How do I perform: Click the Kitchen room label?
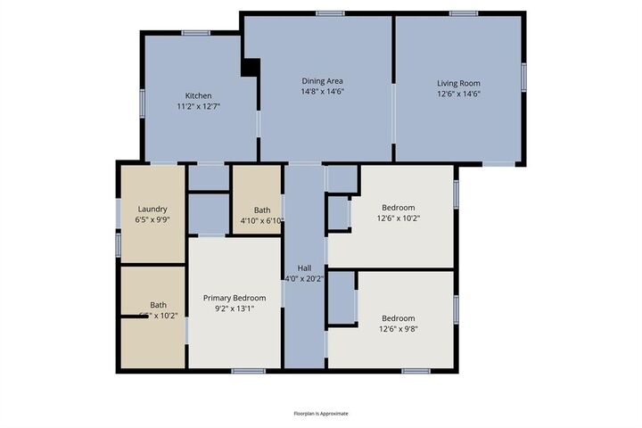point(198,95)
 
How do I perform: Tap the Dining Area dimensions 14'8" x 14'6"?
point(322,91)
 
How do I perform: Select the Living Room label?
point(458,82)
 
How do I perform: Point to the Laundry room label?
point(152,209)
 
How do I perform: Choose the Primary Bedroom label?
point(235,298)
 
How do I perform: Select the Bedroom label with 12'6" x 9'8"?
point(399,318)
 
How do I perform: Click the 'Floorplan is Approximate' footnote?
point(321,414)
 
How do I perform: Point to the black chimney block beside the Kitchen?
point(251,68)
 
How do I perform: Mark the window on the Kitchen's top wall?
point(195,33)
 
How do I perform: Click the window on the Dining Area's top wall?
point(330,12)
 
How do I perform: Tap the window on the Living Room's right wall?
point(524,77)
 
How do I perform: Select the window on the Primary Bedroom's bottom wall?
point(248,371)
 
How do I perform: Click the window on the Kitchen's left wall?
point(143,103)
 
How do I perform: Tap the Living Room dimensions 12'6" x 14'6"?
point(458,93)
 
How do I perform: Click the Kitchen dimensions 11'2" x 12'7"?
point(198,106)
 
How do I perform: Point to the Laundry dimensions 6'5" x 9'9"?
point(152,219)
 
